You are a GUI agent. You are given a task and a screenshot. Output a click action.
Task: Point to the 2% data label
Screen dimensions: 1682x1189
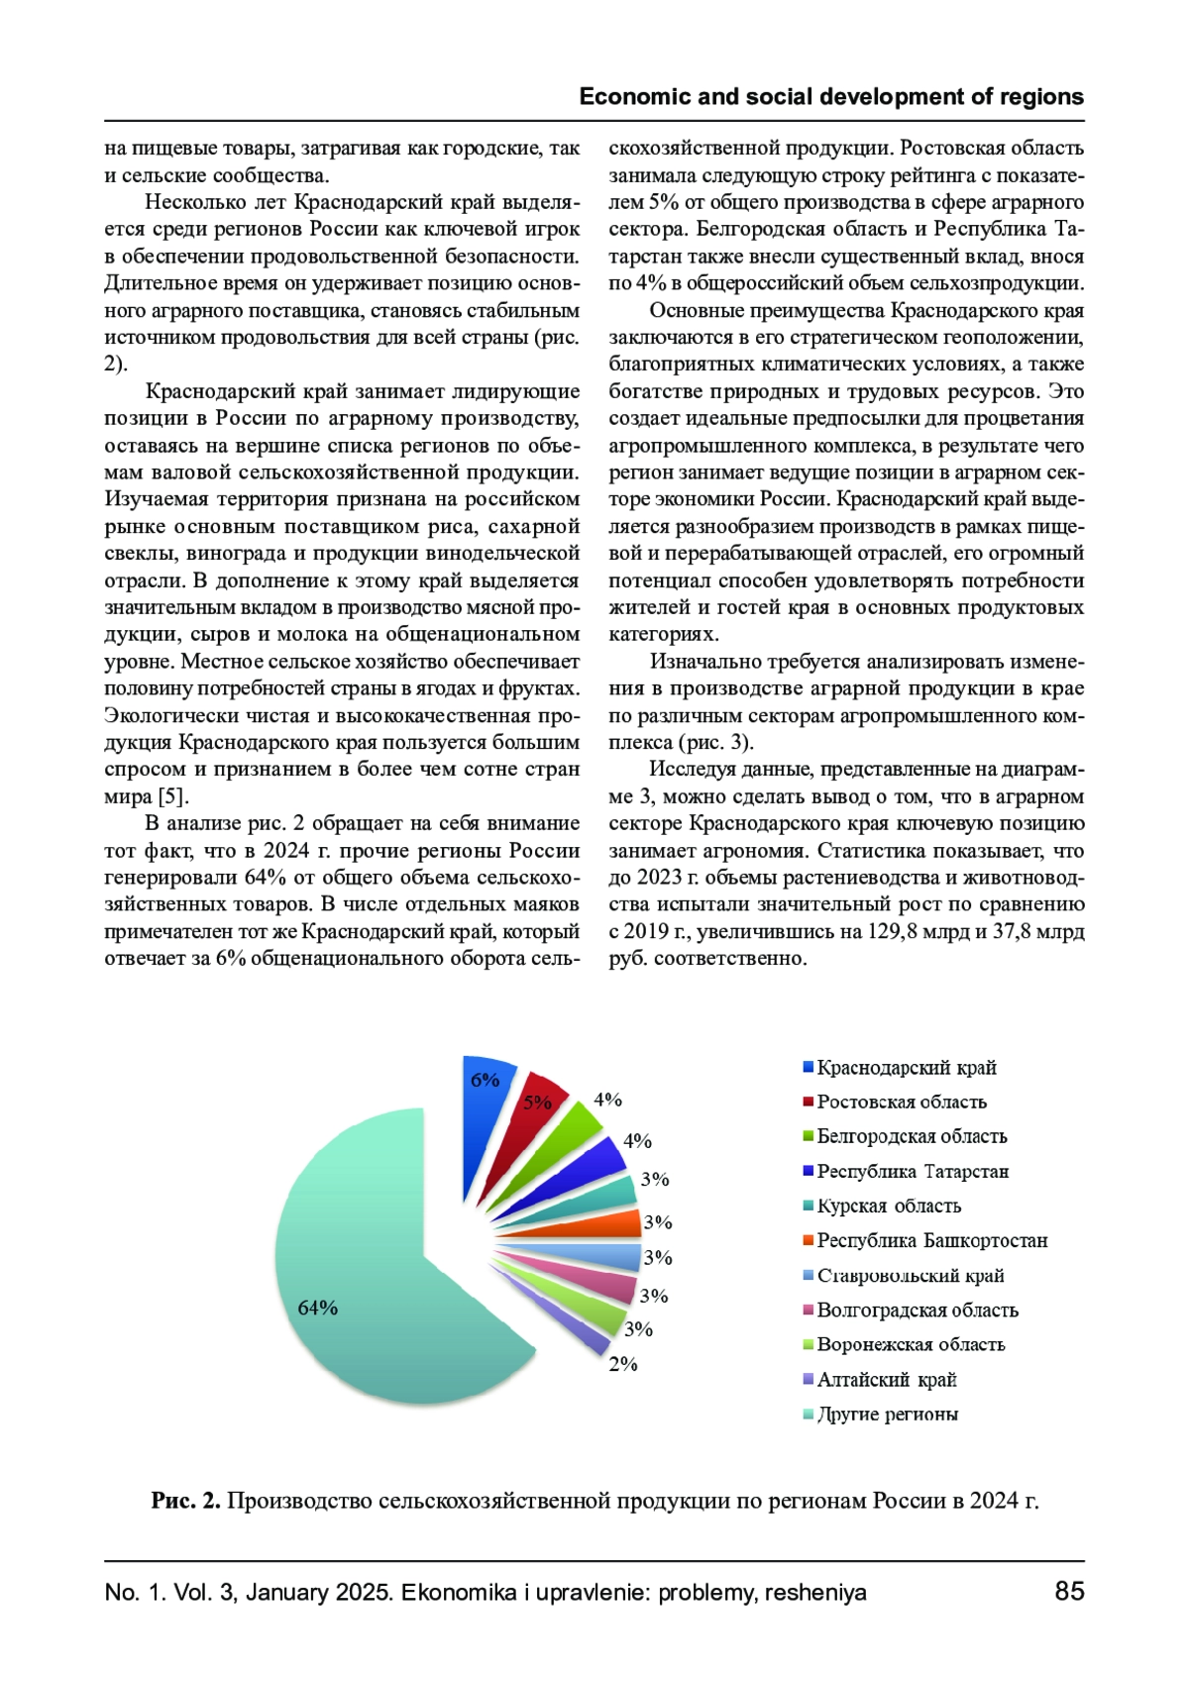[623, 1364]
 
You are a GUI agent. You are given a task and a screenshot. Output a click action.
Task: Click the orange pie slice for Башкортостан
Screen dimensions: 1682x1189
[614, 1225]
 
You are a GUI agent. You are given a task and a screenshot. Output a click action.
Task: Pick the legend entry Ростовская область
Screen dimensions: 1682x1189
[901, 1103]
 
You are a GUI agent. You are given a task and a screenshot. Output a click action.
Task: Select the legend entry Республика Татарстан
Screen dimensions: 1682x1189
[912, 1172]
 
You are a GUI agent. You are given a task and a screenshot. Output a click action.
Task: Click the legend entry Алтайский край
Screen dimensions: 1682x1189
[886, 1380]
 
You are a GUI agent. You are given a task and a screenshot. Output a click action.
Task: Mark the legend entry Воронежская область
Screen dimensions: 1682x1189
[911, 1345]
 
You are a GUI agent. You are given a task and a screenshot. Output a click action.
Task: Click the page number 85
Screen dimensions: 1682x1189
[1069, 1591]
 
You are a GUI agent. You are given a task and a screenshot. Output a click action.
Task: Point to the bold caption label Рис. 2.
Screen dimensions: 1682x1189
[185, 1501]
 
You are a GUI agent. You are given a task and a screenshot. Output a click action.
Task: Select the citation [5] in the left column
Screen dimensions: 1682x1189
[172, 796]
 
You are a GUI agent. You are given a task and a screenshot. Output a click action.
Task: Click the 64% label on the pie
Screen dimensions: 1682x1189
[318, 1308]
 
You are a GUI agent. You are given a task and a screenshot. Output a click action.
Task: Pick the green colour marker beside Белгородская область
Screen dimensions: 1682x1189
[808, 1136]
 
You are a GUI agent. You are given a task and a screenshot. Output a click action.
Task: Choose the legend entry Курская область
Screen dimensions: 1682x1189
[888, 1207]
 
